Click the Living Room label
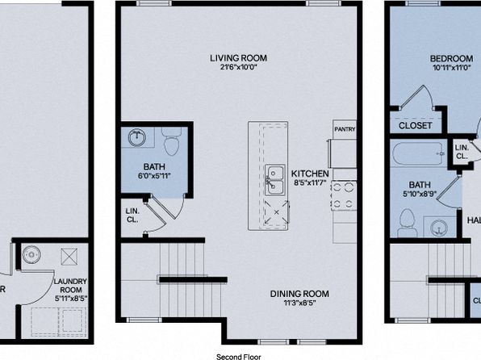point(238,58)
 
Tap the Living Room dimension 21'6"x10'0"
point(238,67)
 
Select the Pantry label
point(345,129)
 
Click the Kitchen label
point(310,174)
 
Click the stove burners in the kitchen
point(343,195)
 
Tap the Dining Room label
point(299,294)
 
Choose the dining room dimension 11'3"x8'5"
point(299,303)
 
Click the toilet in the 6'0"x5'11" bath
point(172,141)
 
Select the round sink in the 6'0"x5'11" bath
point(136,137)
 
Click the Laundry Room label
point(70,286)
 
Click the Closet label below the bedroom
point(415,126)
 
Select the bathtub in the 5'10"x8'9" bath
point(418,153)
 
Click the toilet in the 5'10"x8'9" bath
point(407,223)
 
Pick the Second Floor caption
point(239,357)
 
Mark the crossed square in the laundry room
point(69,257)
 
